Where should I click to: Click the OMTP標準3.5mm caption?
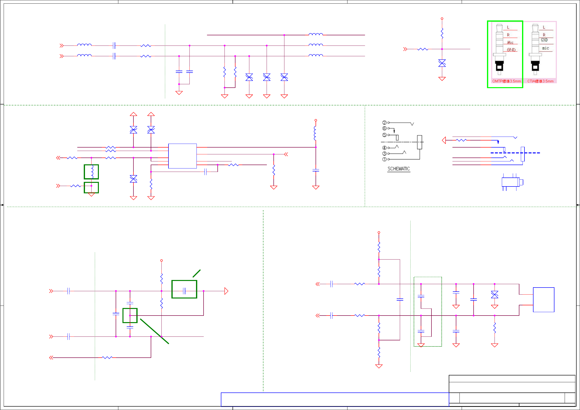click(506, 81)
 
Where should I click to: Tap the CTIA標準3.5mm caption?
click(540, 81)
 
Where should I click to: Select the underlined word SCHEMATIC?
click(398, 169)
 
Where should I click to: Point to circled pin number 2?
click(384, 122)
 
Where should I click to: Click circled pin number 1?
click(384, 159)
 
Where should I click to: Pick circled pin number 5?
click(384, 135)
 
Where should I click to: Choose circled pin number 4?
click(384, 148)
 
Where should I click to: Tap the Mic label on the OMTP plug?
click(510, 42)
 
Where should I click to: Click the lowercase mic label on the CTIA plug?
click(545, 48)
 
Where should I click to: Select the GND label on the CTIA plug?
click(544, 40)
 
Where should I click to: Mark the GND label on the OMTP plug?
click(511, 50)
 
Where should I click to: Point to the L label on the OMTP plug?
click(508, 27)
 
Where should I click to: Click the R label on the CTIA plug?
click(544, 35)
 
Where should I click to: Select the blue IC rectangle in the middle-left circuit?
click(182, 156)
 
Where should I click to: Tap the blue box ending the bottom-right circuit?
click(543, 300)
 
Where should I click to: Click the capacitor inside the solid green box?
click(184, 291)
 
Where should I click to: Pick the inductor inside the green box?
click(92, 172)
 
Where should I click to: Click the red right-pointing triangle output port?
click(226, 291)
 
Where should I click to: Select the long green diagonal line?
click(154, 331)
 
